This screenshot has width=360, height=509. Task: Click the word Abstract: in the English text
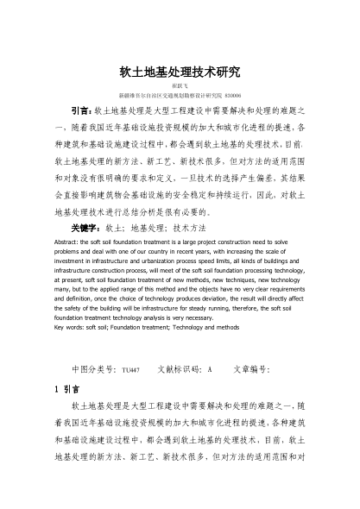pos(69,243)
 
